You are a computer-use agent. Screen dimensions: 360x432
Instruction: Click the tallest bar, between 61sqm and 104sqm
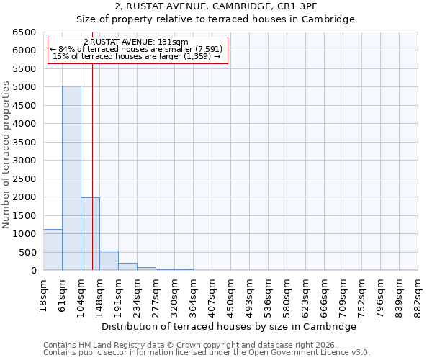[71, 178]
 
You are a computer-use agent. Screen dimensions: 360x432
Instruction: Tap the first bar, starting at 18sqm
[53, 250]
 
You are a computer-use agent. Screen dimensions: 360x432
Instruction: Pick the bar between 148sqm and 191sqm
[109, 261]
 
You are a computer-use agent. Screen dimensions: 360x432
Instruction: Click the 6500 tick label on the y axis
[24, 32]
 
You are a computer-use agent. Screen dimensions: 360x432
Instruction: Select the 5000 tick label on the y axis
[24, 87]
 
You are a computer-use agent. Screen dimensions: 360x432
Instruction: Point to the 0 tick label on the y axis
[33, 271]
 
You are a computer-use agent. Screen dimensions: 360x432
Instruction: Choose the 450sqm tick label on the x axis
[230, 295]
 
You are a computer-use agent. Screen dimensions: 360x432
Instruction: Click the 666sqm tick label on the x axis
[324, 295]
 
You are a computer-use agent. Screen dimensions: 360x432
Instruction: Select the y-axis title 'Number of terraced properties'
[6, 155]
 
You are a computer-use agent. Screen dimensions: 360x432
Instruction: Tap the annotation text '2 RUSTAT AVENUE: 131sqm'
[136, 42]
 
